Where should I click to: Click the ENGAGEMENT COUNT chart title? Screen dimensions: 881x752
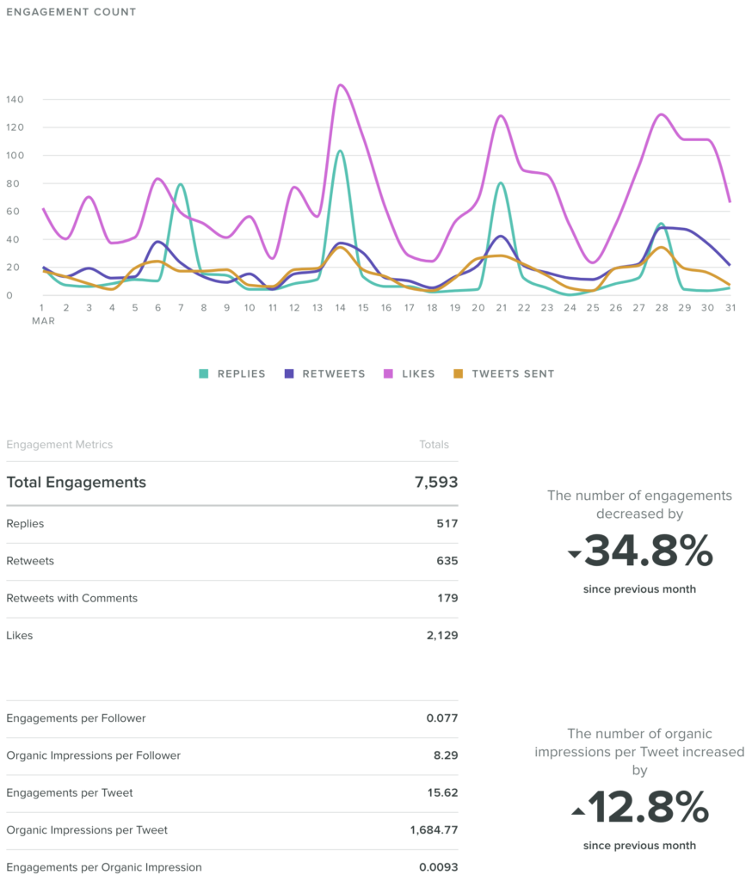pyautogui.click(x=71, y=12)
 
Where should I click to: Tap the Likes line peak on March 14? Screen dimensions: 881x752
pyautogui.click(x=341, y=85)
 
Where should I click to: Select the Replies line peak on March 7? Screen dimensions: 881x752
pyautogui.click(x=180, y=184)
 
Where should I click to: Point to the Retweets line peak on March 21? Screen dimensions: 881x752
pyautogui.click(x=500, y=236)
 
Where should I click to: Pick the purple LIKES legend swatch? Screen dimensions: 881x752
pyautogui.click(x=388, y=374)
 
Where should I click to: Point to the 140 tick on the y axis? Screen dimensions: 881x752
pyautogui.click(x=15, y=100)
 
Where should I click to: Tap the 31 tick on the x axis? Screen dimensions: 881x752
pyautogui.click(x=729, y=307)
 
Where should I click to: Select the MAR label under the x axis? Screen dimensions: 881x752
pyautogui.click(x=43, y=321)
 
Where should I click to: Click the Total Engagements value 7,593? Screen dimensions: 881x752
pyautogui.click(x=436, y=483)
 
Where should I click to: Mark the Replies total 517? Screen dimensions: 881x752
pyautogui.click(x=447, y=524)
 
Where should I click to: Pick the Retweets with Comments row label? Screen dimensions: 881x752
pyautogui.click(x=71, y=598)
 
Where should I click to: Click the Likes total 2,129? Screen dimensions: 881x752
pyautogui.click(x=441, y=636)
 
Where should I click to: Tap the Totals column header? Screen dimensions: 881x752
pyautogui.click(x=434, y=445)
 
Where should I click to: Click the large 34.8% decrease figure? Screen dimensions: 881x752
pyautogui.click(x=648, y=551)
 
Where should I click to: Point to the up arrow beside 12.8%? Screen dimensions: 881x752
pyautogui.click(x=578, y=811)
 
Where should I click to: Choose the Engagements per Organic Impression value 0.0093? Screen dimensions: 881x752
pyautogui.click(x=438, y=867)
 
